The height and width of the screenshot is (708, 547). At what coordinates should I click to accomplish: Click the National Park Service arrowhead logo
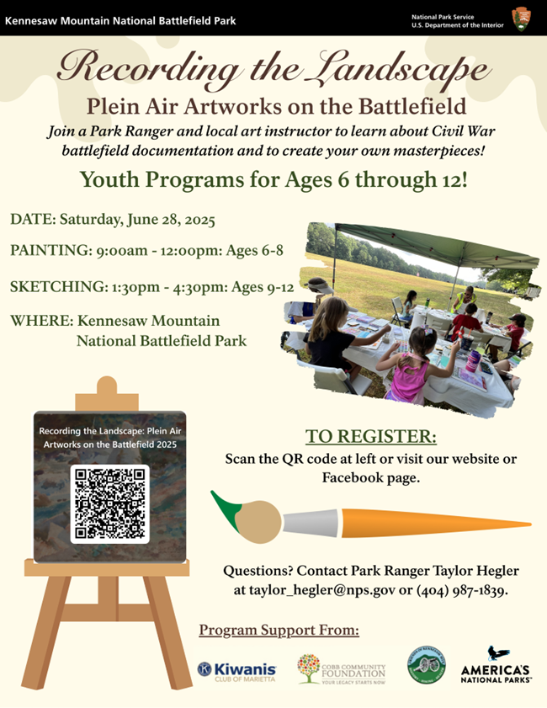[521, 18]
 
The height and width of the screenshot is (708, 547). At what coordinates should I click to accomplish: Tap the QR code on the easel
[109, 503]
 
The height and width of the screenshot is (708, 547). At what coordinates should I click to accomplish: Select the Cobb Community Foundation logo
[341, 668]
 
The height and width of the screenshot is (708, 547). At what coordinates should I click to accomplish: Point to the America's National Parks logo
[496, 665]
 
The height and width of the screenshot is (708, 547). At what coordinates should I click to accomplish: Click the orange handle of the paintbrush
[446, 524]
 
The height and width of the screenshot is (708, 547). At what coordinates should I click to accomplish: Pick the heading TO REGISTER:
[371, 437]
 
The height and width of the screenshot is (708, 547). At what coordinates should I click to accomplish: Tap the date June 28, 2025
[164, 221]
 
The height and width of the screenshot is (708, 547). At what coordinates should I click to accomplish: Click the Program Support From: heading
[279, 631]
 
